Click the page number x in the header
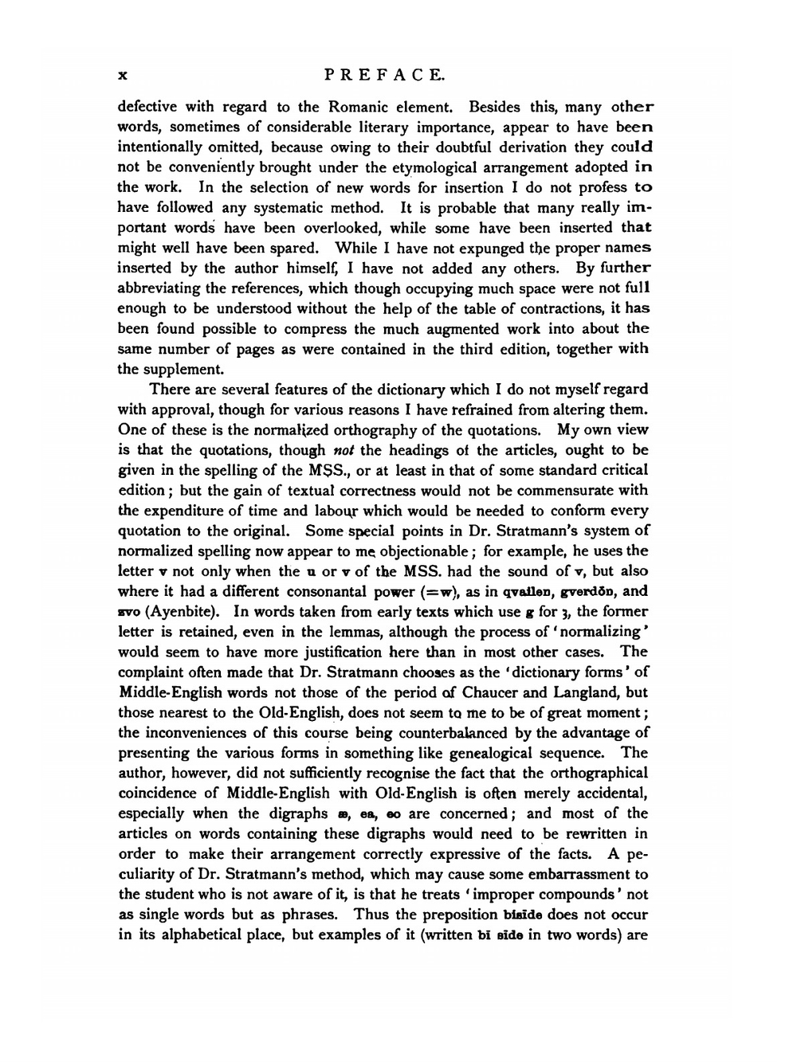point(123,76)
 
